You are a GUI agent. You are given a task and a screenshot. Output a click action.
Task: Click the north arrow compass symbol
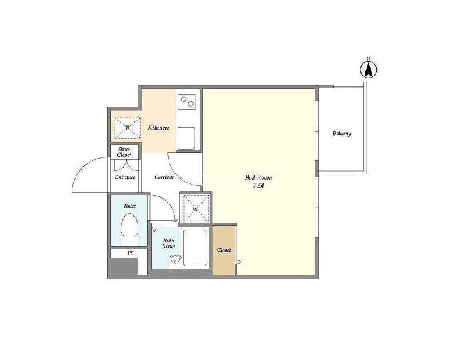click(369, 68)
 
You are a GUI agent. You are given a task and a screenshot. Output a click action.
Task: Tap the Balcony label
click(342, 133)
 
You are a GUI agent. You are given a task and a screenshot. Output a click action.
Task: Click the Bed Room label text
click(258, 177)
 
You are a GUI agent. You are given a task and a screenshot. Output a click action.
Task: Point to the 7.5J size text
click(258, 186)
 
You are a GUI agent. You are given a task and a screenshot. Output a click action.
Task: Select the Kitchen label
click(158, 128)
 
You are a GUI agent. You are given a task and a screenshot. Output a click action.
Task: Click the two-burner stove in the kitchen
click(187, 102)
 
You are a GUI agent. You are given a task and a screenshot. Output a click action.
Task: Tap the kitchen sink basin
click(186, 138)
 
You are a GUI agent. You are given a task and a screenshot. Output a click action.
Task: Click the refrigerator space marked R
click(128, 128)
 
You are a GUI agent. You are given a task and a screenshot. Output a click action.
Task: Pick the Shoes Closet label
click(124, 152)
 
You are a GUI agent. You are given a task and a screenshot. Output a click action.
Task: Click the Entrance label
click(125, 177)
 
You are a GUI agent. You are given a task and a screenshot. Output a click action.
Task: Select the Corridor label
click(164, 177)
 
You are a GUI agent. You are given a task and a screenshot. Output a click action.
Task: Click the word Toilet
click(130, 206)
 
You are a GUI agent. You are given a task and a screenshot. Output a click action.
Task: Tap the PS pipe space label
click(131, 253)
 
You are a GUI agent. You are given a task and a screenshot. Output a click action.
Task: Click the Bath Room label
click(169, 244)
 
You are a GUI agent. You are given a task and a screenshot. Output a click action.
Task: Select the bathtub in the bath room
click(195, 248)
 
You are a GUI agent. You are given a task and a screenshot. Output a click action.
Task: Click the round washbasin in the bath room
click(174, 260)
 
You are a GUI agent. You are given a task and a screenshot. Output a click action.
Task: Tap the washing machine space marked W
click(196, 208)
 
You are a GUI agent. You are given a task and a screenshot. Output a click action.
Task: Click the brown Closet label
click(224, 250)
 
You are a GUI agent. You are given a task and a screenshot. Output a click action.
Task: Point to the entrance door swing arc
click(83, 166)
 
